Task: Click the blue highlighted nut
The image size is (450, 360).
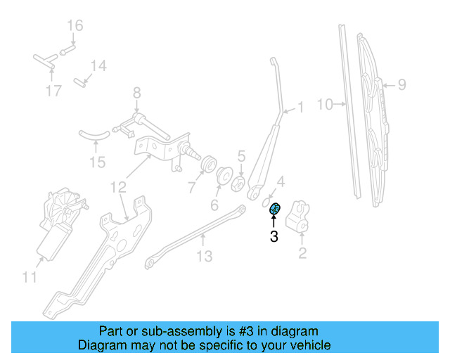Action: coord(276,207)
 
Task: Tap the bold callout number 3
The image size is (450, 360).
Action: coord(274,238)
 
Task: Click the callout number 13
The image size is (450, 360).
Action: coord(204,257)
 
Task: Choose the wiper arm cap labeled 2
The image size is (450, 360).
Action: coord(301,217)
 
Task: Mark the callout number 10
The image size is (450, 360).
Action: coord(323,105)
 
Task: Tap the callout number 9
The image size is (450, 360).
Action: coord(401,85)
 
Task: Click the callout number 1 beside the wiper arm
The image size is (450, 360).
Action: coord(300,108)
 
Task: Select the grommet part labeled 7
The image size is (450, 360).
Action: coord(208,165)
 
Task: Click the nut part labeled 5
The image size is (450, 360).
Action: coord(238,182)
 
